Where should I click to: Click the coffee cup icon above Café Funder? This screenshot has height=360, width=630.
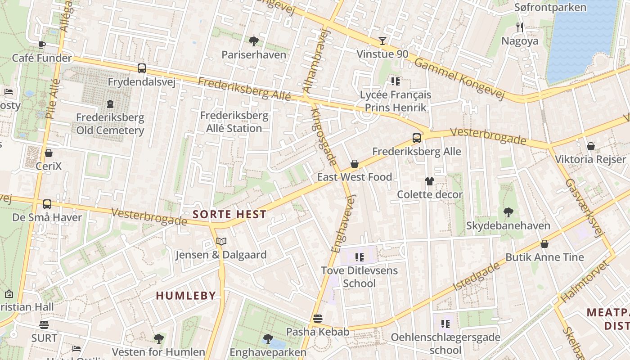(x=41, y=44)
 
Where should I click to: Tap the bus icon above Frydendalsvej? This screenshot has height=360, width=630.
(x=141, y=68)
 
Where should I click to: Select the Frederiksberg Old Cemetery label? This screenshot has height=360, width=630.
(x=110, y=124)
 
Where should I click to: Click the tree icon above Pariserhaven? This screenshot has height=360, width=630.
(x=254, y=41)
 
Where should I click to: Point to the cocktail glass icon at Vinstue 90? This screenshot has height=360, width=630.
(x=382, y=41)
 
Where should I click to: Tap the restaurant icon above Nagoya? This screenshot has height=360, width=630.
(x=520, y=27)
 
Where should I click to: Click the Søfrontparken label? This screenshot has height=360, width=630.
(x=550, y=7)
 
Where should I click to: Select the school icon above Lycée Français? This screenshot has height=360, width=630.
(x=395, y=81)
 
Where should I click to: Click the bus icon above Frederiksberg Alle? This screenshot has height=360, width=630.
(x=417, y=138)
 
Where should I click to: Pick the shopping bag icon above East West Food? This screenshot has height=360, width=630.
(x=355, y=164)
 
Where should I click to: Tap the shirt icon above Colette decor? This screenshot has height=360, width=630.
(x=430, y=181)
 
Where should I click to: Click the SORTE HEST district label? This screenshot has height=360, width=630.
(x=229, y=215)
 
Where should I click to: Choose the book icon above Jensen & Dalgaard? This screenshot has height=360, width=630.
(x=221, y=242)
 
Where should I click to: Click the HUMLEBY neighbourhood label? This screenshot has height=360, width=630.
(x=186, y=296)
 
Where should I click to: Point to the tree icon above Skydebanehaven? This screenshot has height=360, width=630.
(x=508, y=212)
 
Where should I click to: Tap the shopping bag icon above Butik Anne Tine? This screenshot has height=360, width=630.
(x=544, y=244)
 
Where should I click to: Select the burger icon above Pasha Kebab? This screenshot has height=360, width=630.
(x=318, y=319)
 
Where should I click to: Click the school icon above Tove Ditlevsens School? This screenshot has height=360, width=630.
(x=359, y=257)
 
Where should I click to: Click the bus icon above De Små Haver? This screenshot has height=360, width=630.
(x=47, y=204)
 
